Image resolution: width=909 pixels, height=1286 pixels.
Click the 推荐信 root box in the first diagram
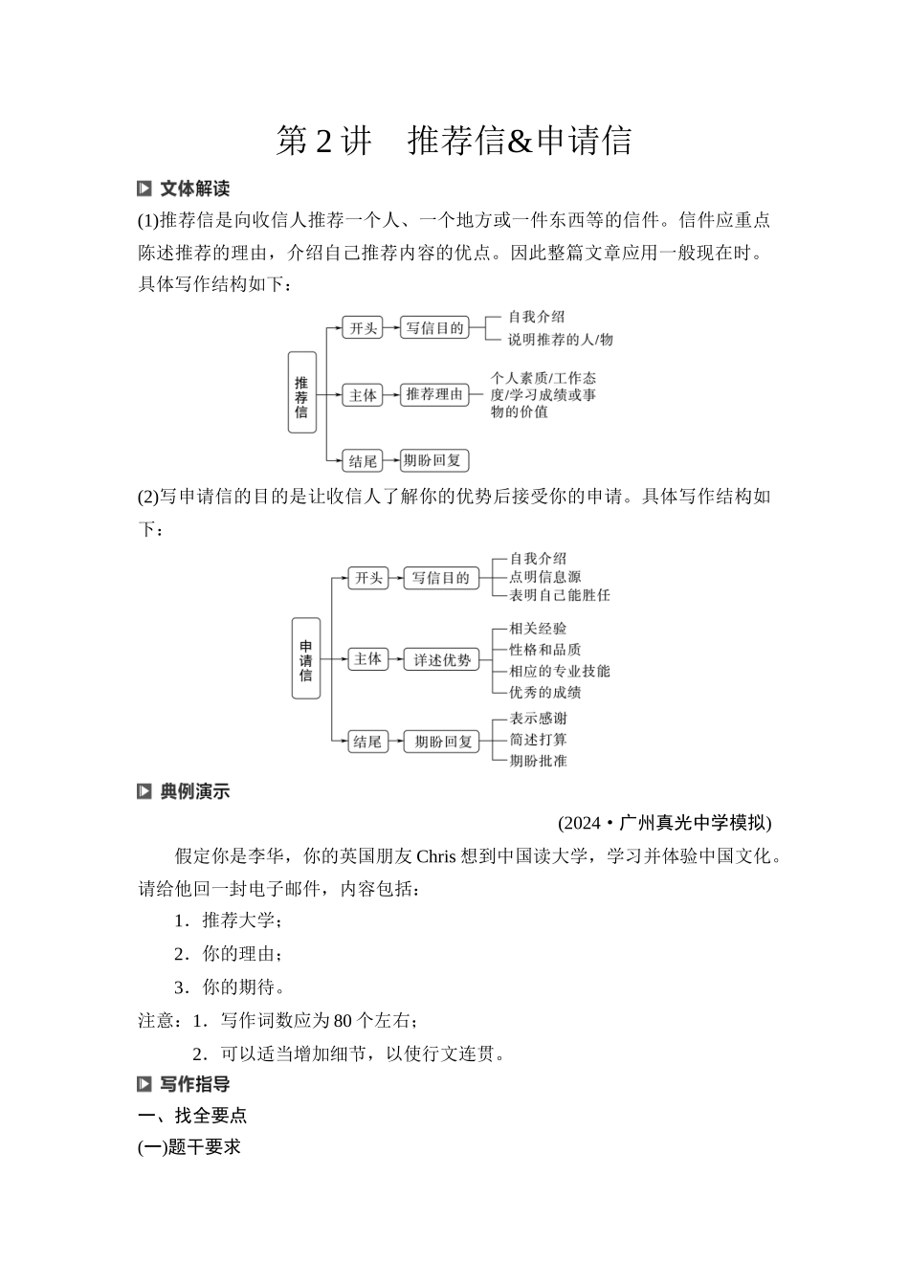click(x=302, y=393)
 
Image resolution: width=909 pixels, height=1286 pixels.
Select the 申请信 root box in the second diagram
click(x=305, y=659)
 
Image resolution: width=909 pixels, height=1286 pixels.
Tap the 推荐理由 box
click(x=434, y=394)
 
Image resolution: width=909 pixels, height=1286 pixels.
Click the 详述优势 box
click(x=442, y=659)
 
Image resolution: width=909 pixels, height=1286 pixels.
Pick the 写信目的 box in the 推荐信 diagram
click(x=434, y=328)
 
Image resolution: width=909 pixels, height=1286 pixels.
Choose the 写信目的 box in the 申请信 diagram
click(x=440, y=578)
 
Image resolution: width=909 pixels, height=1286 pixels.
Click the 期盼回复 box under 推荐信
click(x=432, y=461)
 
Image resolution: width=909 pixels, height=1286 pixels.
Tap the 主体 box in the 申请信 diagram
click(x=367, y=659)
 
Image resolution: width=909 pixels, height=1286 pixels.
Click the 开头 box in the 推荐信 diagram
click(x=363, y=328)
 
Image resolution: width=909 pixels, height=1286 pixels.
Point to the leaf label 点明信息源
click(x=544, y=577)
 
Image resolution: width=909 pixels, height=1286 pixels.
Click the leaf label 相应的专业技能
click(x=559, y=671)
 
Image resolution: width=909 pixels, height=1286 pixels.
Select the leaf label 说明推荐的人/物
click(x=560, y=340)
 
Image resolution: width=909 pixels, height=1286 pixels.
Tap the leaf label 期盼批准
click(x=538, y=761)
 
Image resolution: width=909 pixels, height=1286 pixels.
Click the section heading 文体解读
click(x=194, y=188)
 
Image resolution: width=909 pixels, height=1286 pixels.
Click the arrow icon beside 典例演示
click(x=144, y=791)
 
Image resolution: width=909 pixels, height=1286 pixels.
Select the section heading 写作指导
click(x=194, y=1084)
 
